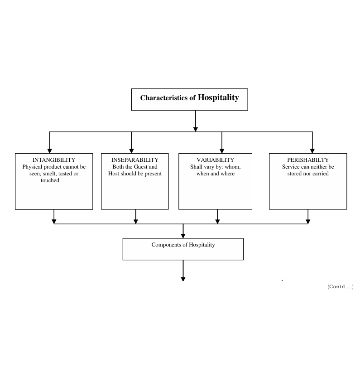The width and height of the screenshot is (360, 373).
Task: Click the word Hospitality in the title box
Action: point(218,97)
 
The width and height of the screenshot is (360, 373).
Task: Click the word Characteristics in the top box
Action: point(164,98)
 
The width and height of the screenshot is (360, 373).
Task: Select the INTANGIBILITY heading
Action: point(54,160)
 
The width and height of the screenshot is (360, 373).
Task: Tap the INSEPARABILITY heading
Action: point(135,160)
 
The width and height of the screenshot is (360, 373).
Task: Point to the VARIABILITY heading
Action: point(215,160)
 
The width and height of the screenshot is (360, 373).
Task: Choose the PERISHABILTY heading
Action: point(308,160)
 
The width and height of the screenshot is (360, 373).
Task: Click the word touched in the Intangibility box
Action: point(50,180)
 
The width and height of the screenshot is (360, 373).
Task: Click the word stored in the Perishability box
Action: point(294,174)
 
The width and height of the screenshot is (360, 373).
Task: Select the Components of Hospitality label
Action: point(183,245)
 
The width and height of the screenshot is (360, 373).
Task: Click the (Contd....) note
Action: point(340,286)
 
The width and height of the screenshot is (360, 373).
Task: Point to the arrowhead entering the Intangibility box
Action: point(50,151)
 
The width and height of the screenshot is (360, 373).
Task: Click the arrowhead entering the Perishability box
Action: point(312,151)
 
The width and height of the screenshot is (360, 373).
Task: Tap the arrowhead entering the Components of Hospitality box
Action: point(183,236)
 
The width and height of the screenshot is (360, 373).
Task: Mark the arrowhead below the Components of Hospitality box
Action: point(183,279)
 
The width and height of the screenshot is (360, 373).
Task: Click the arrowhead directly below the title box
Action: point(195,130)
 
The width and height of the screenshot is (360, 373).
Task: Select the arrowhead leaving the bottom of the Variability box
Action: point(217,222)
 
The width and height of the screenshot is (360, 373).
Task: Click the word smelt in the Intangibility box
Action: point(49,174)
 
